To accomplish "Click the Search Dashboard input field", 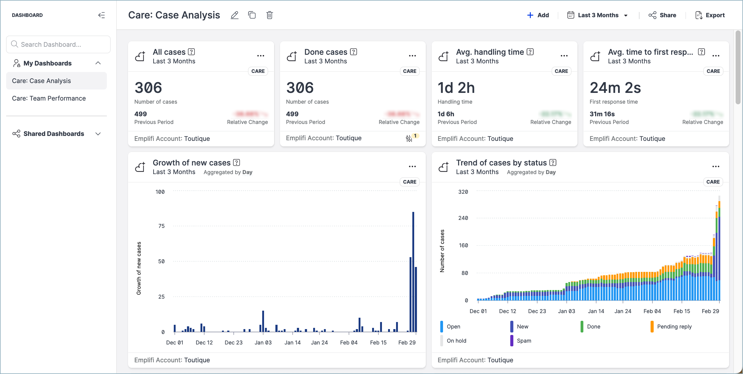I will (x=58, y=44).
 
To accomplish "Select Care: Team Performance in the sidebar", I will (x=49, y=98).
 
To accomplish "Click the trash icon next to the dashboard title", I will (x=269, y=15).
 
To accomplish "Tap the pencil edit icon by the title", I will (x=235, y=15).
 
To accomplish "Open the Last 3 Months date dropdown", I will (x=597, y=15).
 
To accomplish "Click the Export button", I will (x=710, y=15).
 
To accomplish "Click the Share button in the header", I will (x=662, y=15).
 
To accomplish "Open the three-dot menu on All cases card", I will (x=261, y=56).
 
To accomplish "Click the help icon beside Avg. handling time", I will (x=530, y=52).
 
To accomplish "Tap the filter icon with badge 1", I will (x=409, y=138).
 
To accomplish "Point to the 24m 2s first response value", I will (x=615, y=88).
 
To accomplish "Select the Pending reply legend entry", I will (x=674, y=327).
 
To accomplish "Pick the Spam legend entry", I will (x=523, y=341).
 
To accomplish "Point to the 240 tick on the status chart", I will (x=463, y=218).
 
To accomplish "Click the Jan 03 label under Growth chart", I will (x=263, y=343).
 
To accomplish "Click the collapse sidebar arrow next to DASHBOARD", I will (x=101, y=15).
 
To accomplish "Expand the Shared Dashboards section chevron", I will (x=98, y=134).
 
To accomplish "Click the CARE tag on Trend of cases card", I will (x=713, y=182).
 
